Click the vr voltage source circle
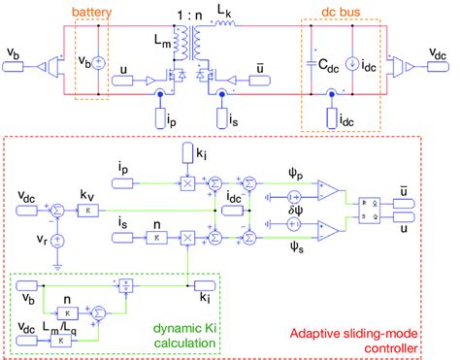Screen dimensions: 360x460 [57, 237]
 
